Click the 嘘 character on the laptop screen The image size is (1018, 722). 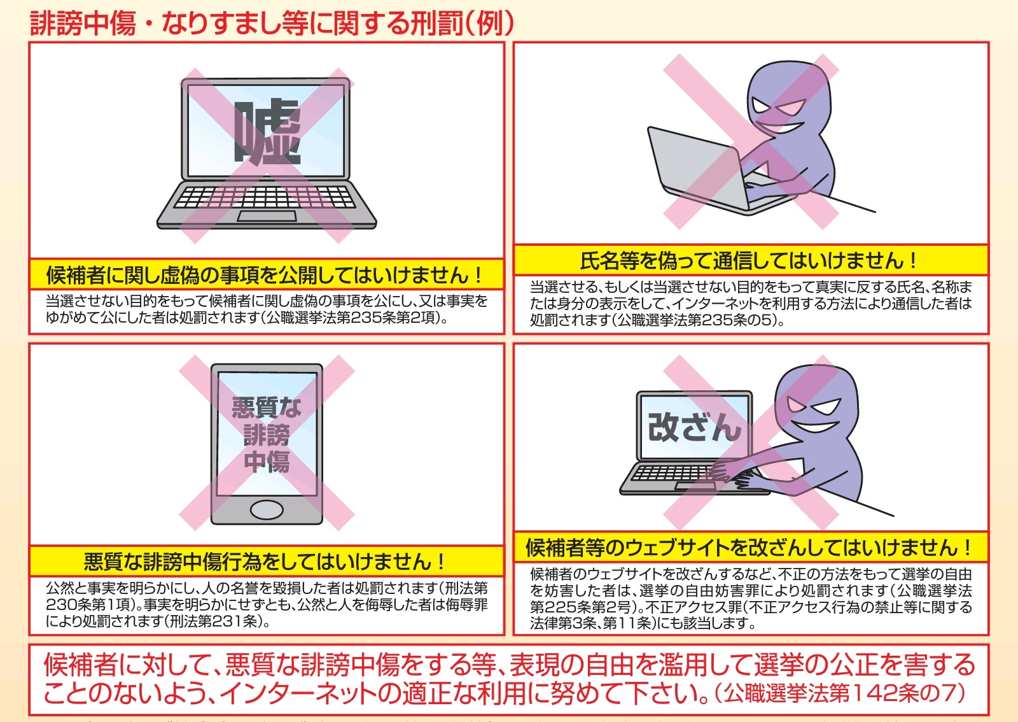[267, 132]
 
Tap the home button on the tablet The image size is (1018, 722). [267, 510]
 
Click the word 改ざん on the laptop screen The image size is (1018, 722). [694, 427]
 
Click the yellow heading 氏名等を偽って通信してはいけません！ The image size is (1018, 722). [750, 260]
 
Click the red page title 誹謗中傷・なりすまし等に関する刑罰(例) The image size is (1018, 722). [272, 23]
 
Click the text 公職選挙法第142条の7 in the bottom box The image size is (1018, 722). [843, 693]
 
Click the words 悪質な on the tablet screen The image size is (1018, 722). [267, 407]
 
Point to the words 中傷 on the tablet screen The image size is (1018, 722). [267, 462]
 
